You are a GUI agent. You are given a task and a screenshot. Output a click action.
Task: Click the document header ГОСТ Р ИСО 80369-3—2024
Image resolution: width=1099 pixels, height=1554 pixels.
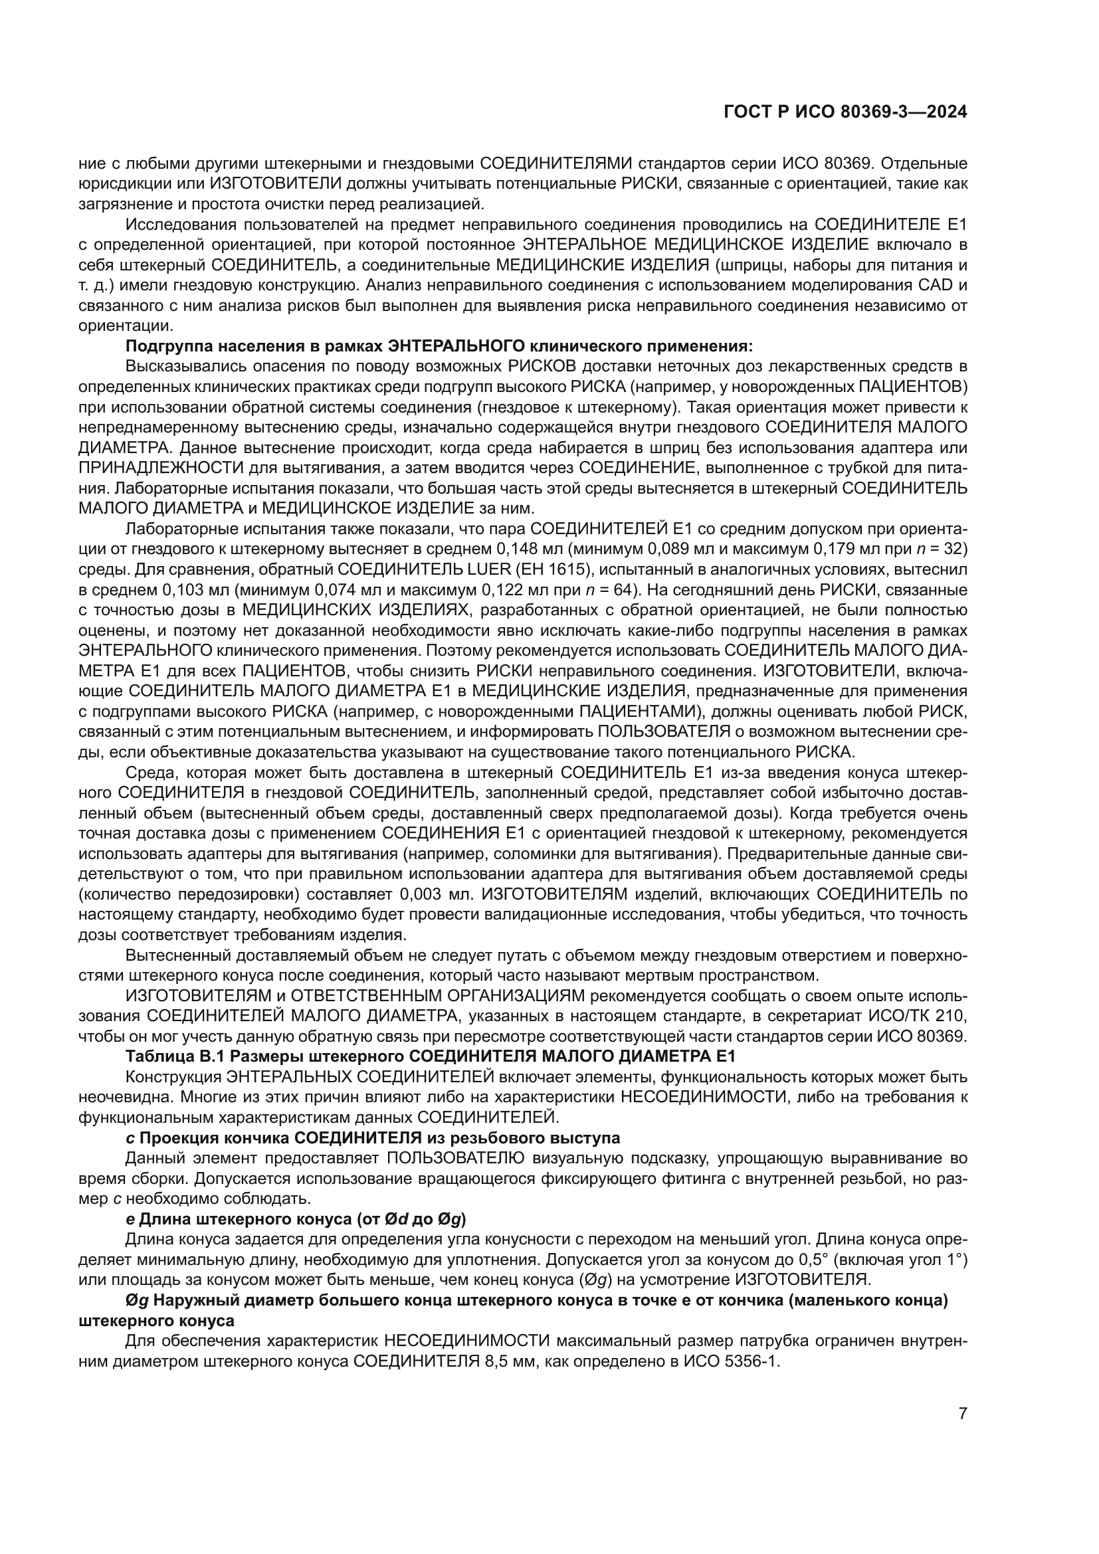point(845,112)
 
